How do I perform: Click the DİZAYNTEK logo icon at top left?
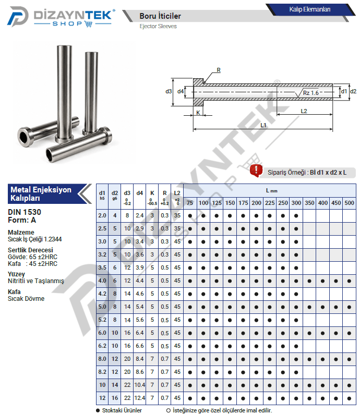click(17, 16)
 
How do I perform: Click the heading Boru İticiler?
click(160, 16)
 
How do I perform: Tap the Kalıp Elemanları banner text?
click(309, 9)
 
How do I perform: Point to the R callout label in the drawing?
click(219, 70)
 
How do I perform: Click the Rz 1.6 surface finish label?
click(311, 93)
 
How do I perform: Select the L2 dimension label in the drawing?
click(304, 111)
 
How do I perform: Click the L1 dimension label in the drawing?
click(263, 125)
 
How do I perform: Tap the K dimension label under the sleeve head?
click(198, 113)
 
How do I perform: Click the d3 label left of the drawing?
click(169, 91)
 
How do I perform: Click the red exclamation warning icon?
click(256, 171)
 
